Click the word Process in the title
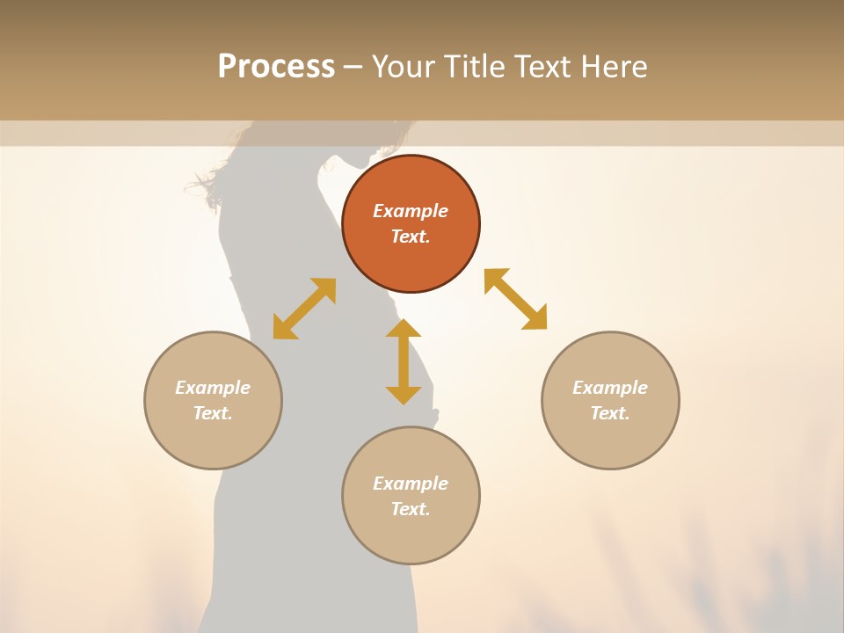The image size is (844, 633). coord(276,67)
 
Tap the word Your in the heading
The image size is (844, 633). coord(405,67)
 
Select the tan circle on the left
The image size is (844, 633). coord(213,440)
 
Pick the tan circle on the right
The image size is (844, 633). coord(610,440)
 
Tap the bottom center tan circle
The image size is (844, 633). coord(411,536)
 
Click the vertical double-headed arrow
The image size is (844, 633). coord(404,362)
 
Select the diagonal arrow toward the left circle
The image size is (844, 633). coord(304,309)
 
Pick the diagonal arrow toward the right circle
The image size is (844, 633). coord(515,299)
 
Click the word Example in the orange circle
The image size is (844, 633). coord(411,211)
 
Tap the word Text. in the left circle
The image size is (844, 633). coord(213,413)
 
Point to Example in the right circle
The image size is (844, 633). coord(610,388)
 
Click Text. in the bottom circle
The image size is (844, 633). coord(411,509)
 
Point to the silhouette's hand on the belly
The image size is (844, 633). coord(431,413)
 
